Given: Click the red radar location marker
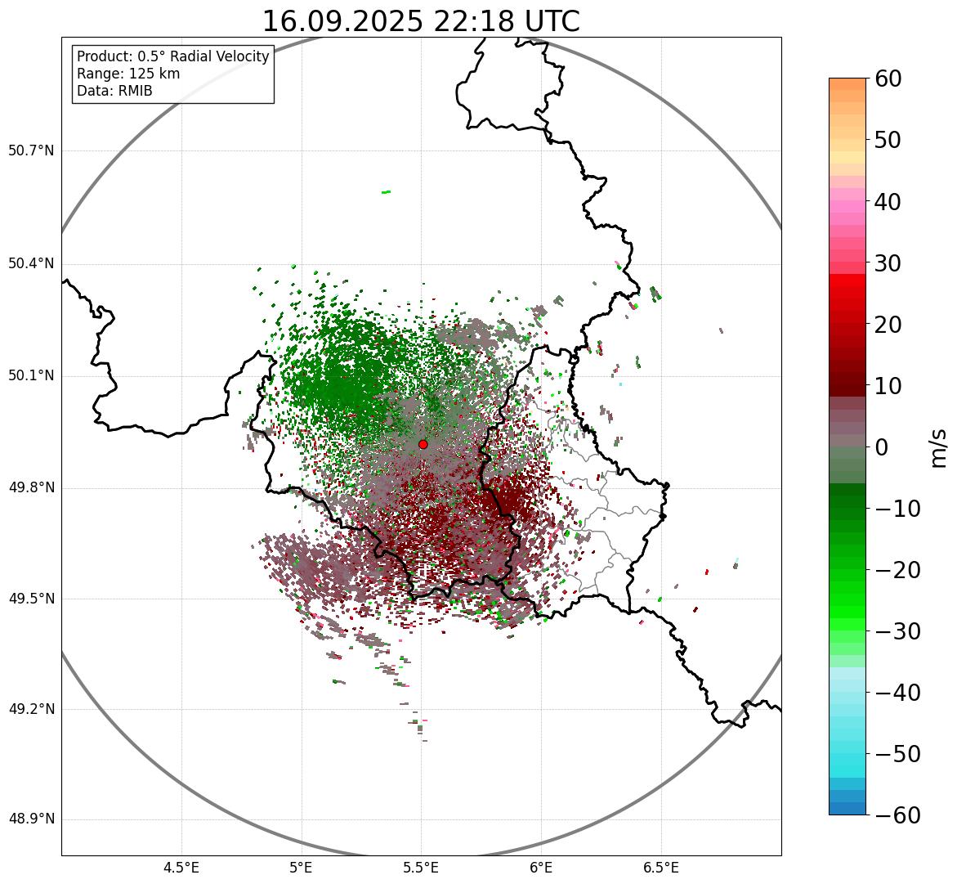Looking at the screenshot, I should (423, 444).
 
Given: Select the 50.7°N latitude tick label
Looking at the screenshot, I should (31, 150).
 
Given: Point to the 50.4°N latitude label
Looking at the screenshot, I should (31, 263).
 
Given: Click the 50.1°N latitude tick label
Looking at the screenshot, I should (31, 375).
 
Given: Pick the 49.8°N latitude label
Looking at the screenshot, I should (31, 487).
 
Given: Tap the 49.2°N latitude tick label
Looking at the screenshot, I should (31, 708).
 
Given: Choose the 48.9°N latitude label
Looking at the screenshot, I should (31, 819).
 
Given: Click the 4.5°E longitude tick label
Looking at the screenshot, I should (181, 868).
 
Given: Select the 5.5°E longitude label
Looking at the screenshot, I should (422, 868).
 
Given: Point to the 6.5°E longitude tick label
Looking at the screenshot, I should (660, 868).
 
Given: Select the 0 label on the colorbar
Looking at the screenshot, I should (882, 447).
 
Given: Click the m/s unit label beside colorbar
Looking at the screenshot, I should (939, 447).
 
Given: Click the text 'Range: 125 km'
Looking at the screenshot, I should (128, 74).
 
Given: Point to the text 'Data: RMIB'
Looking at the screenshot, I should (114, 91).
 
